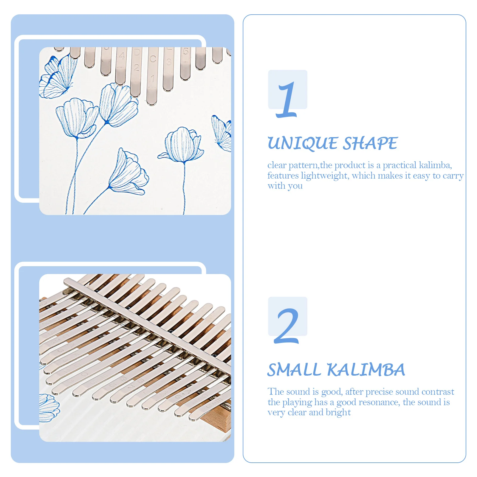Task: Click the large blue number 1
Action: click(287, 100)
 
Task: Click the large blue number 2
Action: click(286, 326)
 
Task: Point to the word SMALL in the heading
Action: click(294, 370)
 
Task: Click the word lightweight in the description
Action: click(324, 176)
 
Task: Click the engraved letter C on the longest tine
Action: click(153, 59)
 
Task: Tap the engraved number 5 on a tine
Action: click(186, 52)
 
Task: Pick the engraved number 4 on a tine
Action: click(122, 56)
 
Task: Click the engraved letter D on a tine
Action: click(137, 53)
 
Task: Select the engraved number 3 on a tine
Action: click(169, 62)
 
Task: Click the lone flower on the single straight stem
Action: click(182, 145)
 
